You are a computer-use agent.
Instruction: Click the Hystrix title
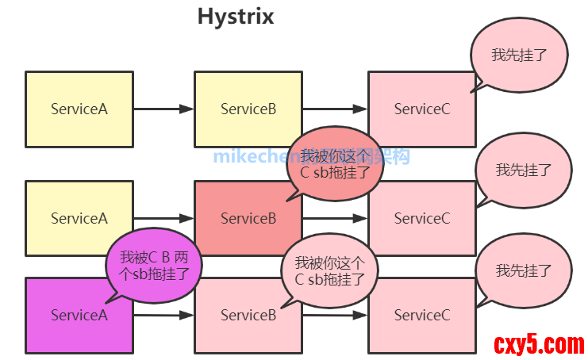[236, 17]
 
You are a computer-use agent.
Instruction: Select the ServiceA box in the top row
[79, 109]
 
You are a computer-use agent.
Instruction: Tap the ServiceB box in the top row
[248, 109]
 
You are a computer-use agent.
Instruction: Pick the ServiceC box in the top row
[421, 109]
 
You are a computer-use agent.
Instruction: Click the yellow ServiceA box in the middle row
[79, 218]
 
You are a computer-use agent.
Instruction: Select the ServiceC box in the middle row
[421, 218]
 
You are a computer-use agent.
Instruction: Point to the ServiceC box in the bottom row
[421, 315]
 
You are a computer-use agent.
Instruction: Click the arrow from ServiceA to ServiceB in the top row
[163, 109]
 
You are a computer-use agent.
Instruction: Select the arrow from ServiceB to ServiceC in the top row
[334, 109]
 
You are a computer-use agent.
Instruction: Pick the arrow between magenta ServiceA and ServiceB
[163, 315]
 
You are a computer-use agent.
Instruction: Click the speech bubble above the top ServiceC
[520, 55]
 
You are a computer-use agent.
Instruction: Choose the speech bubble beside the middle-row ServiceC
[523, 170]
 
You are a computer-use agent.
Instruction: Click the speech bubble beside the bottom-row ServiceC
[523, 270]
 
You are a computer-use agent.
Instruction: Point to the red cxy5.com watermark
[539, 343]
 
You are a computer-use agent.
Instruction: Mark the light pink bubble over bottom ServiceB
[329, 270]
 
